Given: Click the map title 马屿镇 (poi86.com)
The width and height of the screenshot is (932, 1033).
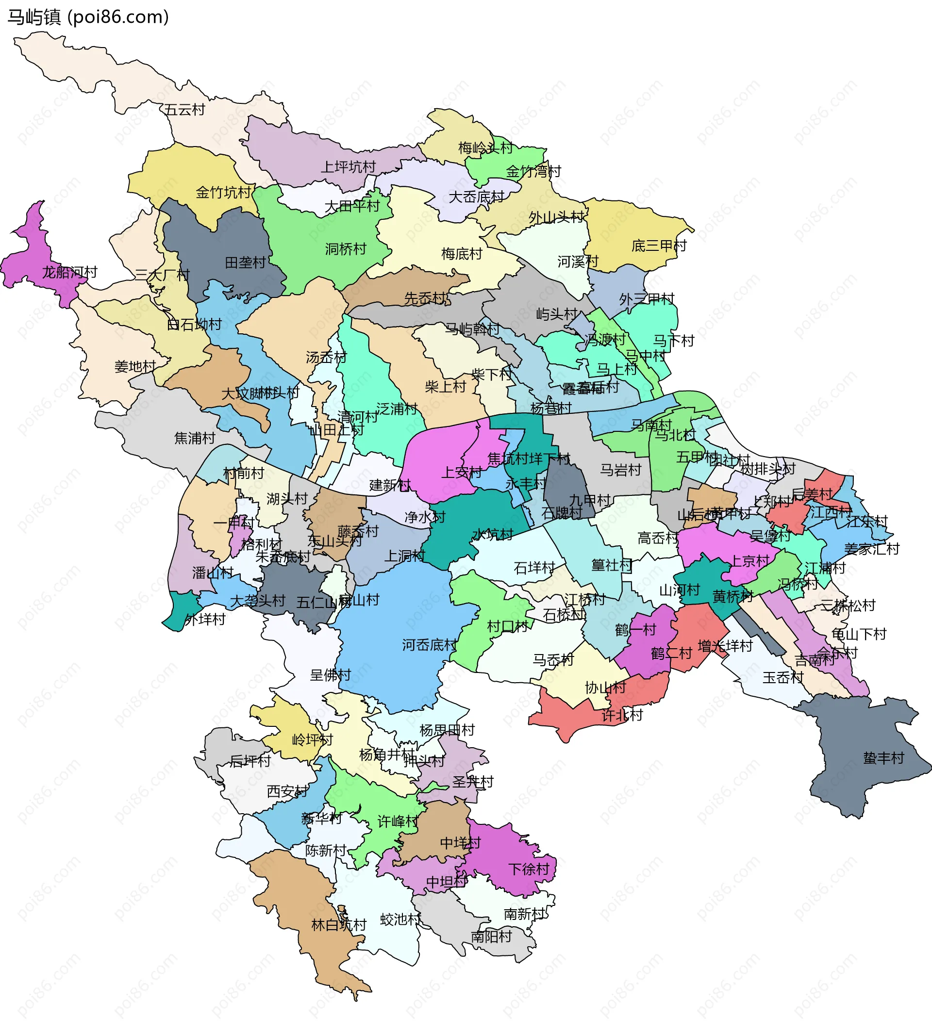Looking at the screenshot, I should (88, 17).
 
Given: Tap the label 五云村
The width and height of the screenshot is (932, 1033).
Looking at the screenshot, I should (184, 110).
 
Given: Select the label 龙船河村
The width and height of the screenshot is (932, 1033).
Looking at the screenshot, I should (69, 272).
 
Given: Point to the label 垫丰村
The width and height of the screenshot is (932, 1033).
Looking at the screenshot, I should (883, 758).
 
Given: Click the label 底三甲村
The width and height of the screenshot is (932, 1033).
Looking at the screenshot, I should (659, 246).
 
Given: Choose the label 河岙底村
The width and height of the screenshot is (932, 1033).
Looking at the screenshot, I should (429, 645).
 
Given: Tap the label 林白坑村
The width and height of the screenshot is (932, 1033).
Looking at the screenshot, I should (339, 925).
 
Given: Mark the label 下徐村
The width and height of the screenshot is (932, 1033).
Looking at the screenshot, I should (529, 869).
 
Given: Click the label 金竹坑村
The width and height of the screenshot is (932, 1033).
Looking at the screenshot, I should (223, 193).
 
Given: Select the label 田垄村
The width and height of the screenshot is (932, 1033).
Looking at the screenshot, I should (245, 262).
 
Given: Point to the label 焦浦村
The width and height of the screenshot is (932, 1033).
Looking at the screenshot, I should (195, 438).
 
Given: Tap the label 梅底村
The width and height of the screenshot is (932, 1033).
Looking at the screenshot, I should (462, 254).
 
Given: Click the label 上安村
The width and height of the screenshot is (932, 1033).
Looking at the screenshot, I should (462, 473).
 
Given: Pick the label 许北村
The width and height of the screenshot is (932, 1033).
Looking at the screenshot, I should (622, 715).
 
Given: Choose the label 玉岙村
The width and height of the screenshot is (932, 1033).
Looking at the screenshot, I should (783, 678).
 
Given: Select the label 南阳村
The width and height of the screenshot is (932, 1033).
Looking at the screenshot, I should (492, 937).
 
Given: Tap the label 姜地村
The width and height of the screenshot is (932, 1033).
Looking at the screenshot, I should (135, 366).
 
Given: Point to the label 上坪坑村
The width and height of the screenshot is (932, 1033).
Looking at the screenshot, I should (348, 167).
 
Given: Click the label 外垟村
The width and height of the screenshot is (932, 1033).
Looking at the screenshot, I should (205, 620).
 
